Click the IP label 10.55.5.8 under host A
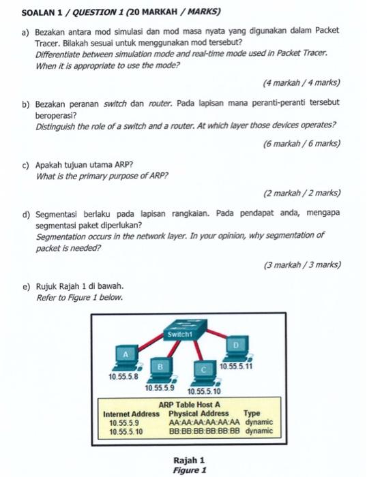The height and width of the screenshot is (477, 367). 123,376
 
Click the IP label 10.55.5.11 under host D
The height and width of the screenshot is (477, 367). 237,367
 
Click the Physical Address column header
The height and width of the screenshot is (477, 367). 199,414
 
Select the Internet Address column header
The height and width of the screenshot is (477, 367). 131,414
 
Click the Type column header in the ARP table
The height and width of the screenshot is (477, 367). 252,414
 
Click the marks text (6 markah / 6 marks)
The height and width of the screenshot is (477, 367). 302,144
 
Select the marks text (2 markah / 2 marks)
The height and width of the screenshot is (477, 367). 302,193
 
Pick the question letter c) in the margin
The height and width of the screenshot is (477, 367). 26,165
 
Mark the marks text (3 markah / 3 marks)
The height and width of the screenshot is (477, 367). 302,264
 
